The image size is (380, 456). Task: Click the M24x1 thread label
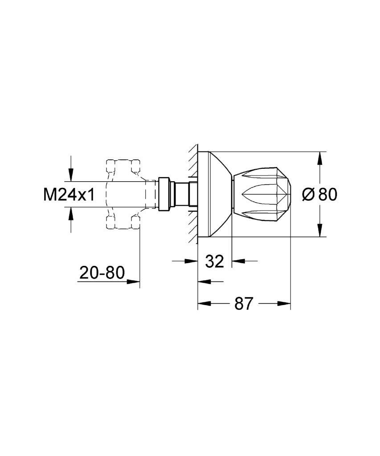(x=69, y=195)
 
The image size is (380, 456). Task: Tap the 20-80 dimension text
(x=102, y=273)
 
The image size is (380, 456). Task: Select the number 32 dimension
(x=214, y=261)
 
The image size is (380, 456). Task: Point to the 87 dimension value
(x=243, y=304)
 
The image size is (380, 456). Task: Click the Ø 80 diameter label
(x=319, y=194)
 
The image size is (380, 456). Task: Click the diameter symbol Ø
(x=308, y=194)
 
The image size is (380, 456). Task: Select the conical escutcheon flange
(x=215, y=194)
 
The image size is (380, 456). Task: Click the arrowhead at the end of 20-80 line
(x=134, y=281)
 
